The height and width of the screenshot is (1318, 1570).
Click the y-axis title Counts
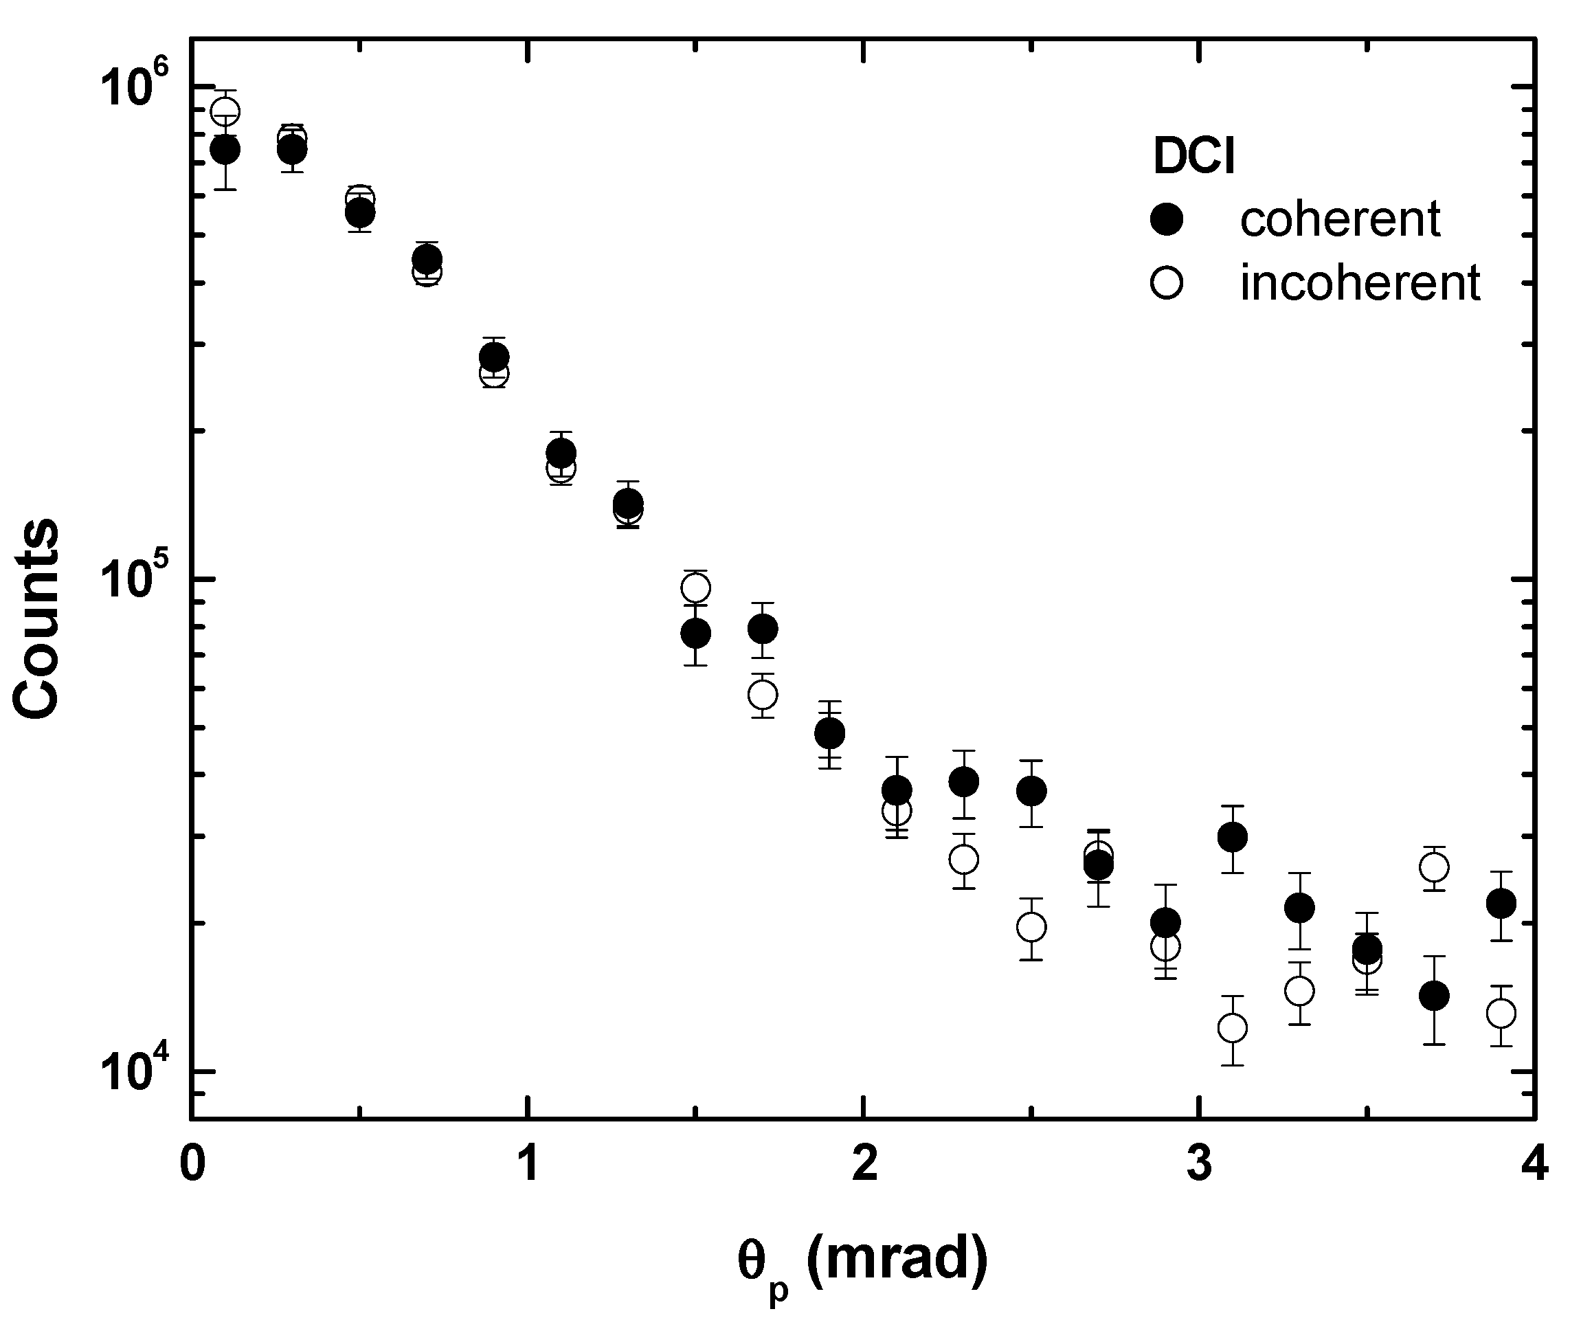tap(36, 619)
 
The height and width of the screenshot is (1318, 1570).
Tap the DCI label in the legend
tap(1194, 157)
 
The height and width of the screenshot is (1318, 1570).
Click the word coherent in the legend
tap(1340, 220)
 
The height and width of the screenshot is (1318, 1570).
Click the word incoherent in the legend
tap(1360, 283)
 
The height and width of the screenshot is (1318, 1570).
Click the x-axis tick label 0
tap(192, 1165)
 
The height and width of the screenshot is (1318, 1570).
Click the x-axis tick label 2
tap(864, 1165)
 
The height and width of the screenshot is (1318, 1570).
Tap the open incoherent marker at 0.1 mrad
tap(225, 112)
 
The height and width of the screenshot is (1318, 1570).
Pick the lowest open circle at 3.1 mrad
tap(1232, 1029)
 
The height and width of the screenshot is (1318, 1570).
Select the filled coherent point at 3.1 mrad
tap(1232, 837)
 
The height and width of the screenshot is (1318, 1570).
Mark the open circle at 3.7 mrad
tap(1434, 868)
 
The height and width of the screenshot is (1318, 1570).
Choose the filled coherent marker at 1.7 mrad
tap(763, 629)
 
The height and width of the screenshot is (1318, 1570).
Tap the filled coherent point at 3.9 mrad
tap(1501, 904)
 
